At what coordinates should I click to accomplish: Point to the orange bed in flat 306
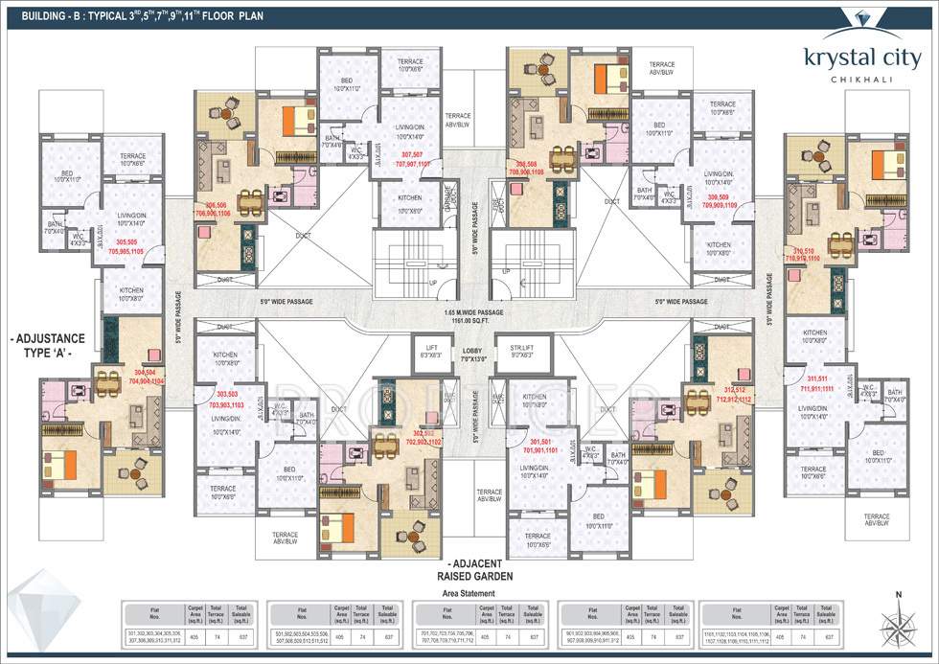299,120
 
